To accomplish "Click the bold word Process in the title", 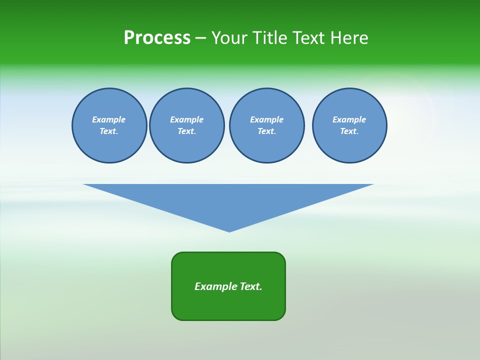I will (157, 38).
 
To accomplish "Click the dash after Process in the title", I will (200, 38).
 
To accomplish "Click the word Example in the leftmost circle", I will (109, 119).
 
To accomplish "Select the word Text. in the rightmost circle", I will (349, 131).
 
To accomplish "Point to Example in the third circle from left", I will (267, 119).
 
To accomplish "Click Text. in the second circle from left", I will (187, 131).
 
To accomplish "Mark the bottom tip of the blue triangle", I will (229, 230).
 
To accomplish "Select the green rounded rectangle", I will (228, 305).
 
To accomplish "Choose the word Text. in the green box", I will (251, 286).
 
